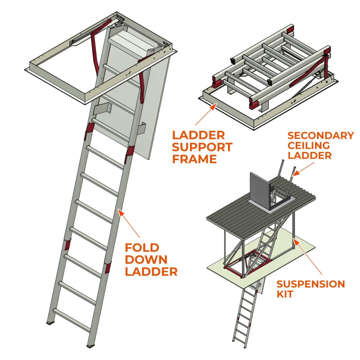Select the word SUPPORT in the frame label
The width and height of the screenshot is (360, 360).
(202, 147)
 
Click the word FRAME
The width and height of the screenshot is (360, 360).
(194, 159)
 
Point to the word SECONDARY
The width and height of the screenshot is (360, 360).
(321, 136)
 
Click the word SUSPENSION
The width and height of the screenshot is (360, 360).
(310, 284)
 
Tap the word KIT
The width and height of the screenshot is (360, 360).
(285, 294)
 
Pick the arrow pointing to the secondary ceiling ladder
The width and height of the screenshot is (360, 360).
(296, 172)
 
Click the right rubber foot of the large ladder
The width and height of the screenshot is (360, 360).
(91, 347)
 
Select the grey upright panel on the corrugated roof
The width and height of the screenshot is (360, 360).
(259, 192)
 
